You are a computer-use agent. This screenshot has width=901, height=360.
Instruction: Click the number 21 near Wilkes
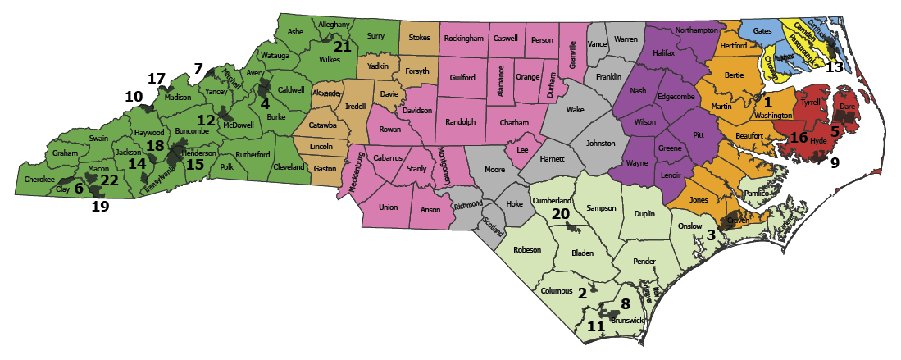point(343,47)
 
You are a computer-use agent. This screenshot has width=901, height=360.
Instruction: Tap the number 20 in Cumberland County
point(561,213)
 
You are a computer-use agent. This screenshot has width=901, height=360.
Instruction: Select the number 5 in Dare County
point(835,130)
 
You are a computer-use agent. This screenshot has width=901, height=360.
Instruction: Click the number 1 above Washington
point(768,103)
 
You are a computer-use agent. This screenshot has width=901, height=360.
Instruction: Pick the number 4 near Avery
point(264,104)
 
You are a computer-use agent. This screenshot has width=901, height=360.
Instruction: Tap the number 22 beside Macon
point(109,180)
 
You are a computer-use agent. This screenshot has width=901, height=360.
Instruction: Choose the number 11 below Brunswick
point(597,326)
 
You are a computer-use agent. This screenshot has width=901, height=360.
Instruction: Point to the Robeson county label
point(527,249)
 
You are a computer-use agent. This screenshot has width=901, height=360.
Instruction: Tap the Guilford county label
point(462,78)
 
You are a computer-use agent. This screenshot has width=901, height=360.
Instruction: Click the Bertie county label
point(734,75)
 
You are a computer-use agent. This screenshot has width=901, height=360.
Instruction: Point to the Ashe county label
point(295,32)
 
